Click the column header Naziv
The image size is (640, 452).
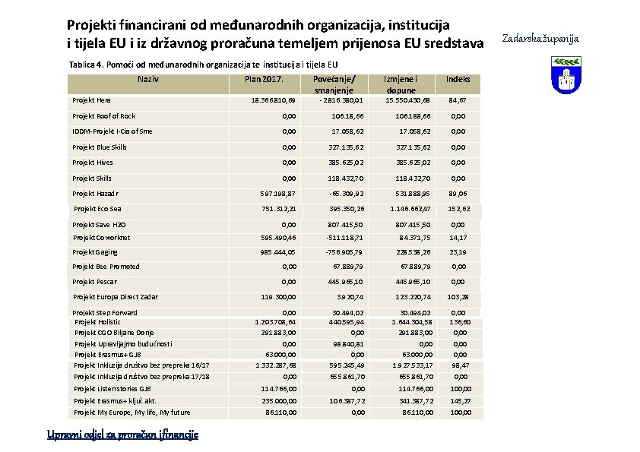148,78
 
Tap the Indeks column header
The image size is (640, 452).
458,78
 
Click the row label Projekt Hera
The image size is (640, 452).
91,100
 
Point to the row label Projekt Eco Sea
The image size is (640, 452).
97,209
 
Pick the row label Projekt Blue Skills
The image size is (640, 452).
100,147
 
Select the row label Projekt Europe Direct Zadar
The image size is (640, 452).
116,297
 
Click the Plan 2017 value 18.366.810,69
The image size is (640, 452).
273,100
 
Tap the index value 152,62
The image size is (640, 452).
458,209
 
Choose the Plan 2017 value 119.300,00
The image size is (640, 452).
277,297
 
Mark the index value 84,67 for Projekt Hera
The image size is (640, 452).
458,100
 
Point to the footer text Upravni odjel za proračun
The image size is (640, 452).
122,435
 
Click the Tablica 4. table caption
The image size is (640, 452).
203,65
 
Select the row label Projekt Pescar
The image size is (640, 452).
96,282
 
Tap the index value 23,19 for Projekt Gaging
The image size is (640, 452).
458,252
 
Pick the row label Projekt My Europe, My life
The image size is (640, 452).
132,412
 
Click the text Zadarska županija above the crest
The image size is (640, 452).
541,37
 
